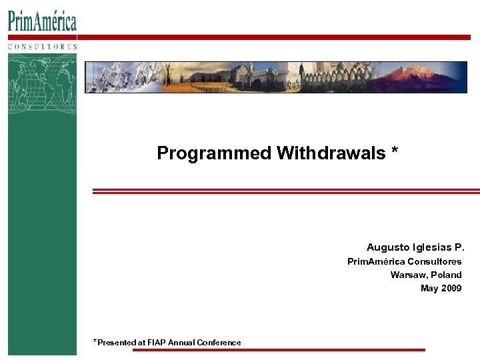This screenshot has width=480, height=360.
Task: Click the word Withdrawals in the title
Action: (331, 153)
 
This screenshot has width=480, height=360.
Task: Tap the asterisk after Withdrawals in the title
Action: (395, 152)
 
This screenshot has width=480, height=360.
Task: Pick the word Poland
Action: (446, 275)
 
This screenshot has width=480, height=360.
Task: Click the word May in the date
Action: (429, 288)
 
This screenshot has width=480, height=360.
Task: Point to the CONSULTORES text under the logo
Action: (42, 47)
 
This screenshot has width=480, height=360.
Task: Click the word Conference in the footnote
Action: (219, 343)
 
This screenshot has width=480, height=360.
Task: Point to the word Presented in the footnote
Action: (117, 343)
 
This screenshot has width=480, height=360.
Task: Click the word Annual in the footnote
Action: (181, 343)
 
